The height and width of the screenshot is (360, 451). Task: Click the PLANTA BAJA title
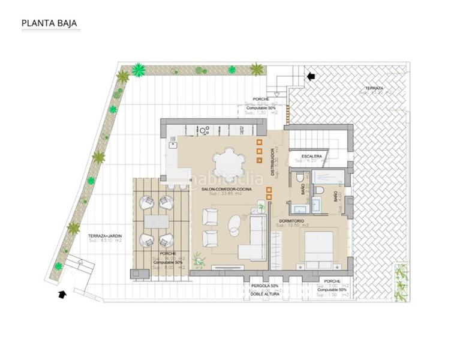pos(49,25)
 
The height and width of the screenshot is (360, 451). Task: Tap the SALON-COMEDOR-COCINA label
pos(227,189)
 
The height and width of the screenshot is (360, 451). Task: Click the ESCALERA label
pos(311,156)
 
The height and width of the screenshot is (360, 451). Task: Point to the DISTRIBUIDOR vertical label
pos(272,162)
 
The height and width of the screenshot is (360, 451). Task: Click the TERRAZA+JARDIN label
pos(104,236)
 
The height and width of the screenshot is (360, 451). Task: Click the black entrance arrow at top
pos(311,76)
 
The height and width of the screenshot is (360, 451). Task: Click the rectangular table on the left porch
pos(156,221)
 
